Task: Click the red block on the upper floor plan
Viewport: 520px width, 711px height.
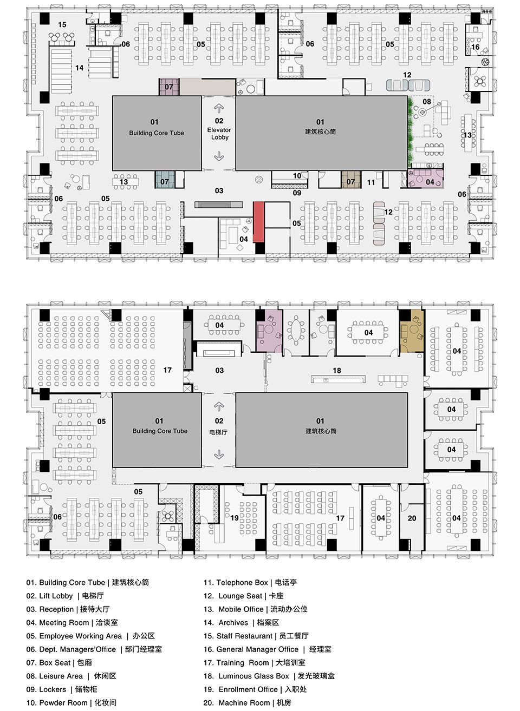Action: coord(259,222)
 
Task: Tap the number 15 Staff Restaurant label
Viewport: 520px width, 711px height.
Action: coord(62,24)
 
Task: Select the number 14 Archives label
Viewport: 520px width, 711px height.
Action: coord(80,68)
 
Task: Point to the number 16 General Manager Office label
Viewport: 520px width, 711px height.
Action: coord(475,47)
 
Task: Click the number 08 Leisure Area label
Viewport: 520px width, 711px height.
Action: coord(427,102)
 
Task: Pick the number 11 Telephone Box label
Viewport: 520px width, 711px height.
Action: coord(371,182)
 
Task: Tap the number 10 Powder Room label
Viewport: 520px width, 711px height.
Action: coord(297,176)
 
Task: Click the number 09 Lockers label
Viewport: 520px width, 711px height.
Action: coord(297,193)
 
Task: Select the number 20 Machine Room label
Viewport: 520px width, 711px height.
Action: coord(412,518)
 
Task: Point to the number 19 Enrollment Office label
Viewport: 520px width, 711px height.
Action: coord(235,518)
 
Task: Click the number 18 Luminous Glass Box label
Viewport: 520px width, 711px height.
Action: coord(337,371)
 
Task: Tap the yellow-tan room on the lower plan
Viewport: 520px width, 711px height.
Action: coord(412,331)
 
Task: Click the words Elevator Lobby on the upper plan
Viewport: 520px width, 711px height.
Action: coord(219,134)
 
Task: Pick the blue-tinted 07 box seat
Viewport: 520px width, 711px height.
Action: coord(165,180)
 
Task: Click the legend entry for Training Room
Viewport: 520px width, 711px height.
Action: coord(255,662)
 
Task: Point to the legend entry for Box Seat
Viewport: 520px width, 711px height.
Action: coord(59,662)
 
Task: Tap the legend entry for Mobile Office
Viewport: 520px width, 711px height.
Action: coord(256,609)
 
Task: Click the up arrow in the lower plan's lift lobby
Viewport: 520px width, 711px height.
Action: coord(218,406)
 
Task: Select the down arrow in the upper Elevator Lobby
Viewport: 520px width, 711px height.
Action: coord(219,156)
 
